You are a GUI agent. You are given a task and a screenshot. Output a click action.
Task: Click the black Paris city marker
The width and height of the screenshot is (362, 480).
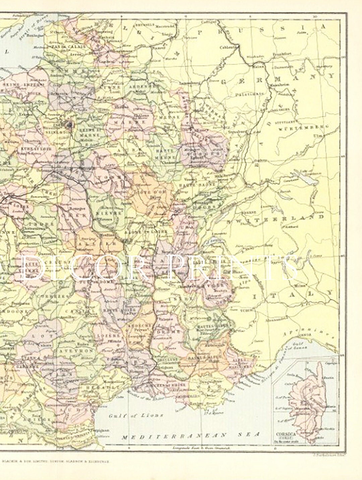(70, 125)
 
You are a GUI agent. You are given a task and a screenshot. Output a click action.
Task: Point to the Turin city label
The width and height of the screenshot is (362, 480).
(247, 311)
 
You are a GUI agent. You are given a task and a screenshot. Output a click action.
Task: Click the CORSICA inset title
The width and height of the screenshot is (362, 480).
(286, 434)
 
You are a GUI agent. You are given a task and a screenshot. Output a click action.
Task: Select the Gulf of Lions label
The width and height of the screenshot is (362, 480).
(136, 415)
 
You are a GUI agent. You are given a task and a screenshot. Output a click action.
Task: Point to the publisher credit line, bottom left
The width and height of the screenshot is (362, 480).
(56, 461)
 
